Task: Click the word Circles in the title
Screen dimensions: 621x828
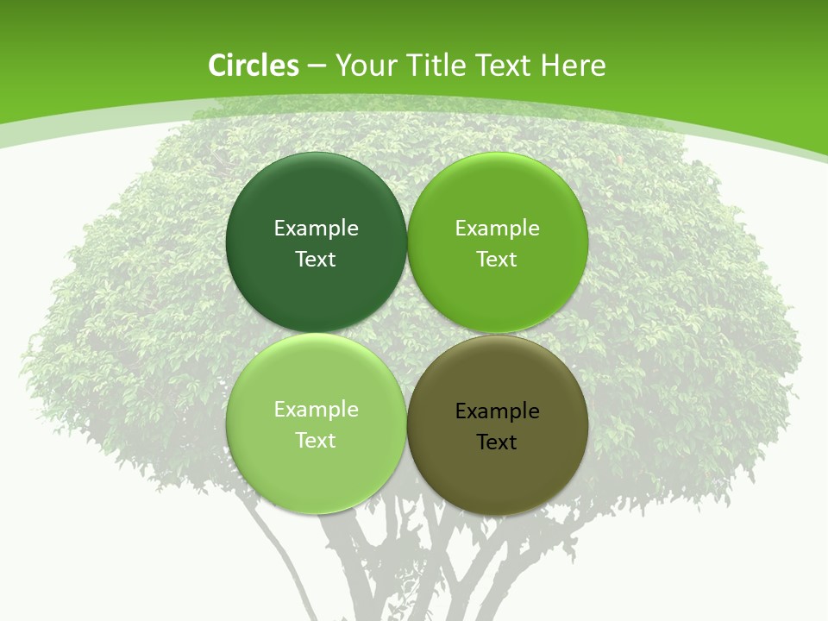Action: (253, 66)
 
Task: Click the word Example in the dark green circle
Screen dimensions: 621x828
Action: (316, 228)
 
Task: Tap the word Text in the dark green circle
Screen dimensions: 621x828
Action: (316, 259)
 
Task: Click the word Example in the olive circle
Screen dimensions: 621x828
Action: (497, 411)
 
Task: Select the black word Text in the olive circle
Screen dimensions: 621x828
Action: (497, 442)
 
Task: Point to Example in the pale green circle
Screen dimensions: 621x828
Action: (316, 409)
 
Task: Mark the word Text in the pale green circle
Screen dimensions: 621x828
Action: (316, 440)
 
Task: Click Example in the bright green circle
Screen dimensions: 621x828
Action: (497, 228)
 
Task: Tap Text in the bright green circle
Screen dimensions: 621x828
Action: (497, 259)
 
